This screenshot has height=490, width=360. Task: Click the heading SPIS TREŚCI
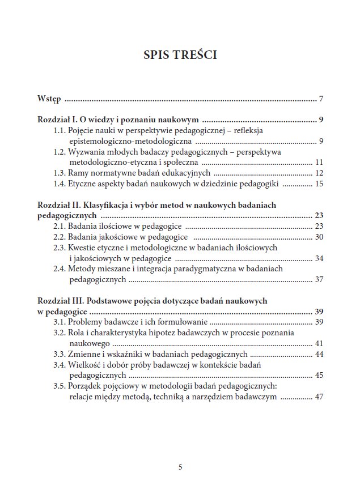(180, 55)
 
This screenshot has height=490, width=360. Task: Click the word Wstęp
(49, 100)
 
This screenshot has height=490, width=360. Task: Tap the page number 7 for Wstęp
(321, 100)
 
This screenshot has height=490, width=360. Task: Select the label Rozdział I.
(57, 120)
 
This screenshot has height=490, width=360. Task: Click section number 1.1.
(60, 131)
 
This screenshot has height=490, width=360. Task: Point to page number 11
(319, 162)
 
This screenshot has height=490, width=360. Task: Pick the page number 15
(319, 184)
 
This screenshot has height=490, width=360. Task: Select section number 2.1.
(60, 226)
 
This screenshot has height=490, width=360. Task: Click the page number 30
(319, 237)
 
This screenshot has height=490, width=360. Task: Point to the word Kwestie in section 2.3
(82, 248)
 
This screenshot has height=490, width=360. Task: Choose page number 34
(319, 258)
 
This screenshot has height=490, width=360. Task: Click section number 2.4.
(60, 269)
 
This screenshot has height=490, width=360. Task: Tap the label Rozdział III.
(59, 301)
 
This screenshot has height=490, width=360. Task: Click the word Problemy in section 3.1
(87, 322)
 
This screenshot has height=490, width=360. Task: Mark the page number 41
(319, 343)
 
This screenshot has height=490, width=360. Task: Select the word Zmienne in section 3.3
(83, 354)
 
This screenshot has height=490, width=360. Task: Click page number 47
(319, 397)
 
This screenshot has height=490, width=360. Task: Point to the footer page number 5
(180, 467)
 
